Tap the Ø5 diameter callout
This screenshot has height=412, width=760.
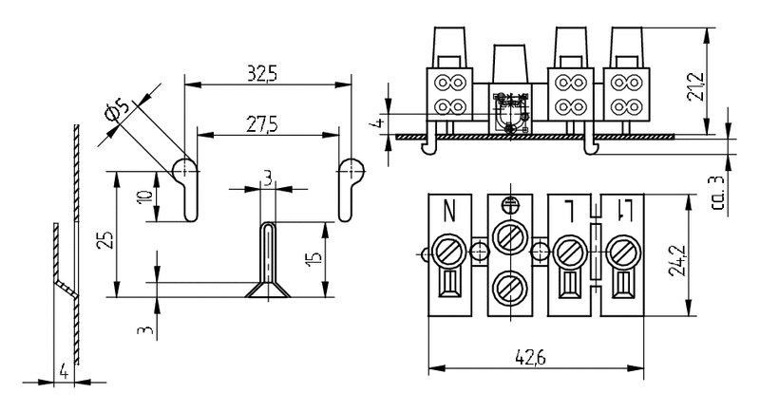[115, 111]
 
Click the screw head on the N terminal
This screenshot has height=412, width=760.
[446, 252]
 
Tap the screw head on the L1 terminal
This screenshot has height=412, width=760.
[623, 252]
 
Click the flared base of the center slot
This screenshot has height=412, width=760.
[267, 289]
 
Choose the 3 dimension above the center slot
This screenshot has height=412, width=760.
[268, 178]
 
